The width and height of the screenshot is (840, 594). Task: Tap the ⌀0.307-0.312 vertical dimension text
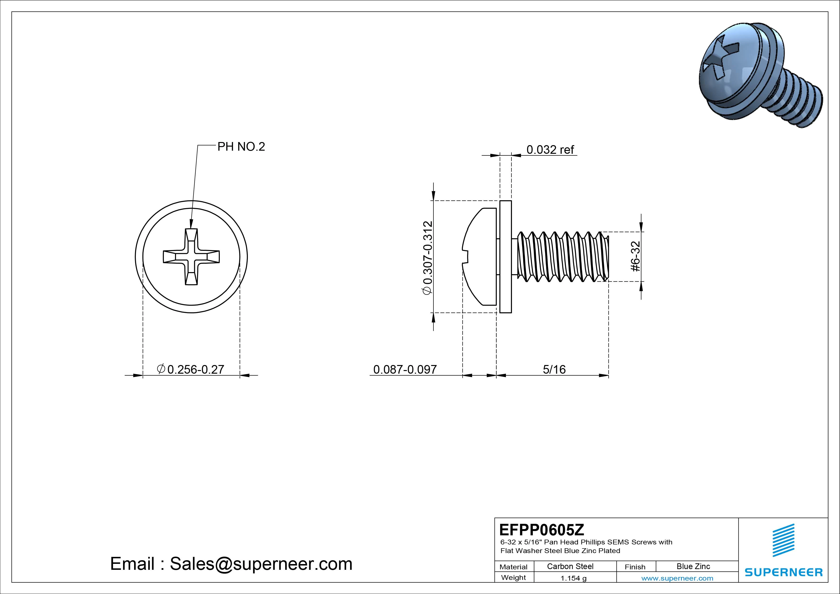point(427,257)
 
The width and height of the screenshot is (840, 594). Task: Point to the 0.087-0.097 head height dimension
point(405,369)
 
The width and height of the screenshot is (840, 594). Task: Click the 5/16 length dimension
point(554,369)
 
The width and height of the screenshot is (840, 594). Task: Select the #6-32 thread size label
point(636,256)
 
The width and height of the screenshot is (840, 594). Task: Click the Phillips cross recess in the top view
point(191,257)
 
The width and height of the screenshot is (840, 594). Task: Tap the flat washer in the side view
point(505,257)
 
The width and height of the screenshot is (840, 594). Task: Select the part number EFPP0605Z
point(541,530)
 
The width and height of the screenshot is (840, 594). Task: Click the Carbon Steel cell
point(570,566)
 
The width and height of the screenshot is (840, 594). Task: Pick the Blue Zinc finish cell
point(693,566)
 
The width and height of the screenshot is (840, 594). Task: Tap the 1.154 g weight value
point(573,578)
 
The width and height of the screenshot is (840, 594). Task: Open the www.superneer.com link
point(677,578)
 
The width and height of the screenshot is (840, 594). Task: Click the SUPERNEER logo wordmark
point(784,572)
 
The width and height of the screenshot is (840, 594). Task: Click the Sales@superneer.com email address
point(261,564)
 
